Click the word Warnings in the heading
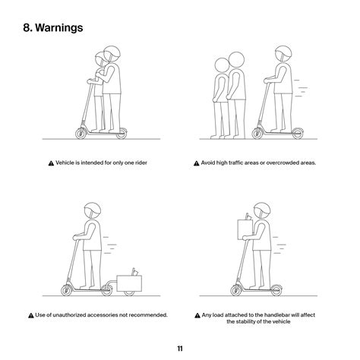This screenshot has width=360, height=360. coord(59,27)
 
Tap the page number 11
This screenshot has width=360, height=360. coord(180,349)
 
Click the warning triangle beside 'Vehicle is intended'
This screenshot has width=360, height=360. coord(51,163)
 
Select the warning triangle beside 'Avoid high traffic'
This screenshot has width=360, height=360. coord(197,163)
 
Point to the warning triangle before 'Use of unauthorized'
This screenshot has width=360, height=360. coord(31,315)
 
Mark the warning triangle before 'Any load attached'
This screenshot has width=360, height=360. coord(197,315)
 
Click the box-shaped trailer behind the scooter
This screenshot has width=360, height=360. coord(129,283)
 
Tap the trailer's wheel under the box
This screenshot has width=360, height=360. coord(129,293)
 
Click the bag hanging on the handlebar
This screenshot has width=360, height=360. coord(245,229)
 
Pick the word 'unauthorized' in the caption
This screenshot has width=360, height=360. coord(69,315)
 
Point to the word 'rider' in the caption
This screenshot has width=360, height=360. coord(141,163)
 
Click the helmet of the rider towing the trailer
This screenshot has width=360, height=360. coord(93,210)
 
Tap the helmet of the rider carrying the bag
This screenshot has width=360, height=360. coord(262,210)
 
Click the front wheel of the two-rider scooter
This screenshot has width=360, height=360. coord(81,134)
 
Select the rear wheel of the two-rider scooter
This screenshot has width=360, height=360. coord(122,134)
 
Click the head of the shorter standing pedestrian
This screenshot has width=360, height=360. coord(222,65)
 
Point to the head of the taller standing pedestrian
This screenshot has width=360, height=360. coord(236,60)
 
